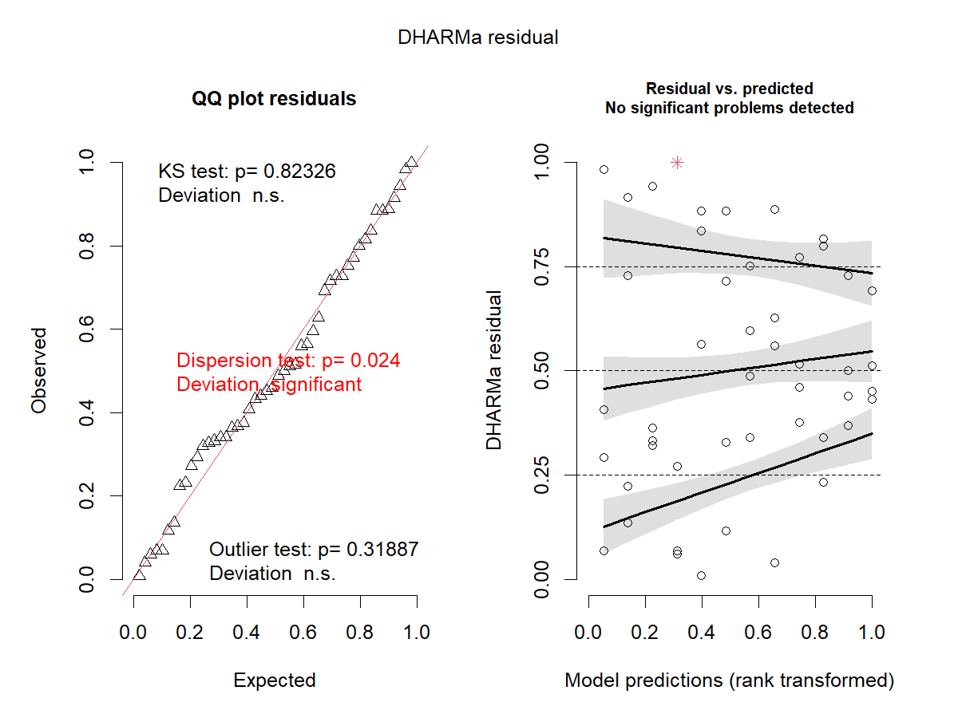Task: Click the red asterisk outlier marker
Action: click(x=677, y=163)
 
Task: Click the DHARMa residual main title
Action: click(x=478, y=38)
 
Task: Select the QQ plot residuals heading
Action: click(x=274, y=99)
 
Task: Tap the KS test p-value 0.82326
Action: click(x=296, y=172)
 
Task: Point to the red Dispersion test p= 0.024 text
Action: click(x=288, y=361)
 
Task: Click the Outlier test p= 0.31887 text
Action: click(x=314, y=550)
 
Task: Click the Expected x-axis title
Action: click(x=274, y=681)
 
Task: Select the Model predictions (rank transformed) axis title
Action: click(x=729, y=681)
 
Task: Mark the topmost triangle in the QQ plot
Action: click(x=412, y=162)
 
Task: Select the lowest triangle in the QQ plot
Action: click(x=140, y=574)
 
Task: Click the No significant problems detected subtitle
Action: click(x=729, y=108)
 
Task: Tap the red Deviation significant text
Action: click(x=269, y=385)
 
